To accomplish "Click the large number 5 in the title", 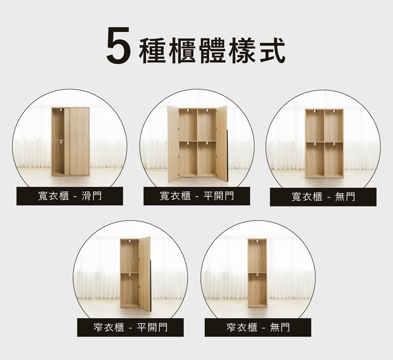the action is pyautogui.click(x=118, y=45).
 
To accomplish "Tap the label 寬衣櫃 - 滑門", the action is pyautogui.click(x=70, y=196).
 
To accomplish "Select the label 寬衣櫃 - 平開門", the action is pyautogui.click(x=197, y=196).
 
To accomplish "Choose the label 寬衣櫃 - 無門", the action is pyautogui.click(x=323, y=197).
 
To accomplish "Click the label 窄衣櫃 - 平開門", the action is pyautogui.click(x=130, y=328).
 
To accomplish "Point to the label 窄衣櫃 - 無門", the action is pyautogui.click(x=258, y=328).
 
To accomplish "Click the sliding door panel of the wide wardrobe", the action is pyautogui.click(x=80, y=141).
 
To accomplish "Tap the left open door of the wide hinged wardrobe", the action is pyautogui.click(x=173, y=144).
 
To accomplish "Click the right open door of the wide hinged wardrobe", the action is pyautogui.click(x=222, y=143).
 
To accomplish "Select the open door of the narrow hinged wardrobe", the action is pyautogui.click(x=144, y=274).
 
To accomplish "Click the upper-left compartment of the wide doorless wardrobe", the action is pyautogui.click(x=315, y=126).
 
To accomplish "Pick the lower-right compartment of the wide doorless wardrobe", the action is pyautogui.click(x=334, y=159).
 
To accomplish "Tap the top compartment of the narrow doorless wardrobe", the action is pyautogui.click(x=257, y=256).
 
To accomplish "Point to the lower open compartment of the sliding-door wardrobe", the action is pyautogui.click(x=58, y=157).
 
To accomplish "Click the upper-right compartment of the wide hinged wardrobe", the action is pyautogui.click(x=206, y=125).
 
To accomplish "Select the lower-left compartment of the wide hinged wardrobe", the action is pyautogui.click(x=188, y=158).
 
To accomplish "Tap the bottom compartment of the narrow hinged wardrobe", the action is pyautogui.click(x=129, y=289).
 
